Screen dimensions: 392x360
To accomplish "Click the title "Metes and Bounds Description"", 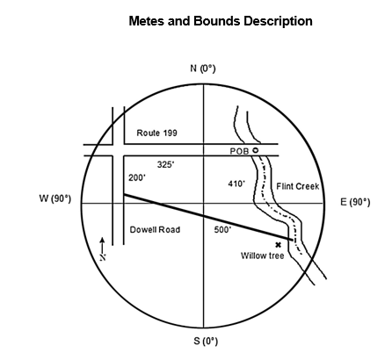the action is click(221, 21).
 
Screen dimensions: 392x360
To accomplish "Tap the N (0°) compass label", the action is click(203, 68).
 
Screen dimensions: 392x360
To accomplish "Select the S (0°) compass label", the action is click(206, 341).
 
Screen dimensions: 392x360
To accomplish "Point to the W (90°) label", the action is click(55, 198).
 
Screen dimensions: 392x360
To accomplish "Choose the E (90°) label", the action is click(355, 202).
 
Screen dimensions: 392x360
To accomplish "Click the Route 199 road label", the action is click(156, 133).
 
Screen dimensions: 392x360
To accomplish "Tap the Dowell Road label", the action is click(155, 230).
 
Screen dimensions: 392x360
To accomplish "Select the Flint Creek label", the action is click(298, 186).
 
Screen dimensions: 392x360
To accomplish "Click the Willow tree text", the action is click(262, 256).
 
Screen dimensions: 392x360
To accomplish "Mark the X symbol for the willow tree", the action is click(278, 245).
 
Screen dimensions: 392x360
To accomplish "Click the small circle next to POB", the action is click(256, 150).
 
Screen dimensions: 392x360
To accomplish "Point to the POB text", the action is click(239, 151).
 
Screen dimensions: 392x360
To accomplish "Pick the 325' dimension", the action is click(165, 164).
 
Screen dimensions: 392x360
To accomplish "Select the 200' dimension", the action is click(137, 177).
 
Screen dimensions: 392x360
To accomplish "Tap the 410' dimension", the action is click(236, 184).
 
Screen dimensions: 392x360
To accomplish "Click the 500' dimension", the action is click(222, 230).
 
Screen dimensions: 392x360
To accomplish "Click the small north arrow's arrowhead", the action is click(102, 240).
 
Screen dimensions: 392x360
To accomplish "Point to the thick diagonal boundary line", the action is click(208, 217).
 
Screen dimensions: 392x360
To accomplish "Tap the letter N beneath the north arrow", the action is click(103, 257).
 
